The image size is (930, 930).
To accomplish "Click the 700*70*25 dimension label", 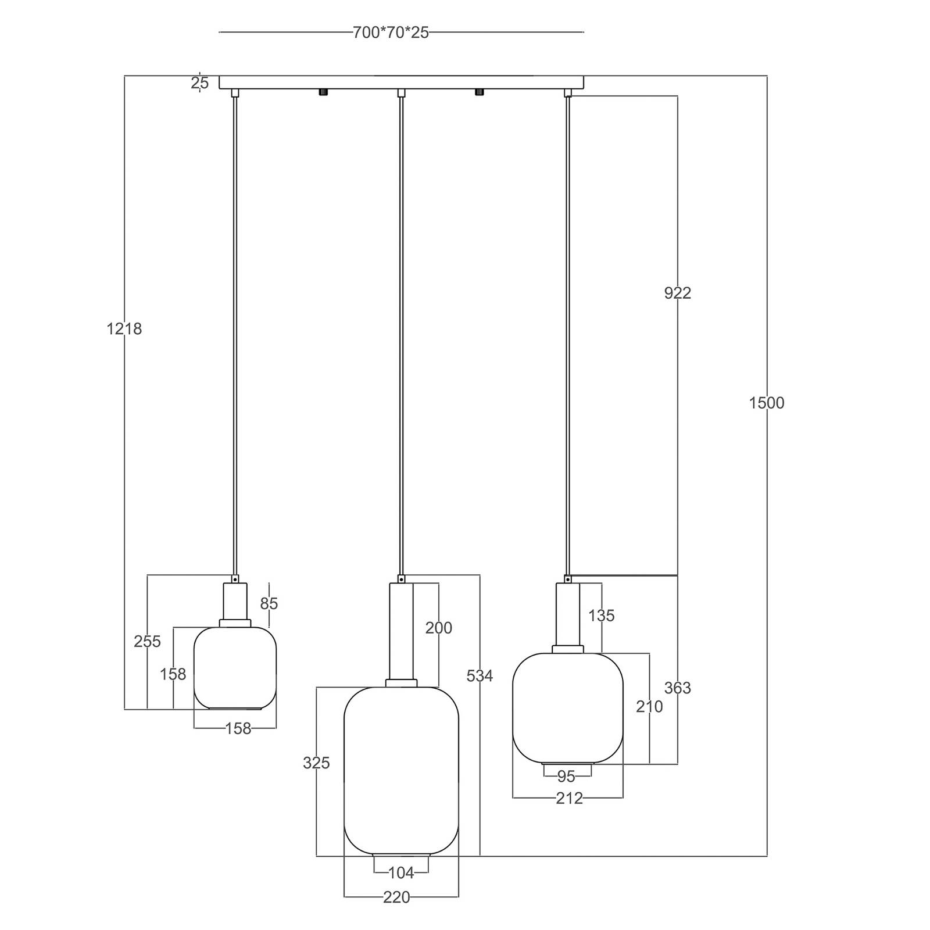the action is click(x=391, y=33).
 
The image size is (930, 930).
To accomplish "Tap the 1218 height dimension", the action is click(x=124, y=329).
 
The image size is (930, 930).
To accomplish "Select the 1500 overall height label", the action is click(x=767, y=403).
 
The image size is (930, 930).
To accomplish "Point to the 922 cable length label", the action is click(x=678, y=293).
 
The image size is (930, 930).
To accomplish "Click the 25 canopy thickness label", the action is click(x=199, y=83).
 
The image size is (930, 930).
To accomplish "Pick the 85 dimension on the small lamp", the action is click(x=269, y=604).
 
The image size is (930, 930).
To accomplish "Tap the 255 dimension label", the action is click(x=147, y=641).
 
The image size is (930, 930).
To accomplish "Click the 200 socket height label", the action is click(x=439, y=628).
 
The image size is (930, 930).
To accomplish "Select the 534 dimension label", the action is click(x=480, y=675).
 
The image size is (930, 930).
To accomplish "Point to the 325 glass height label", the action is click(x=316, y=763).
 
